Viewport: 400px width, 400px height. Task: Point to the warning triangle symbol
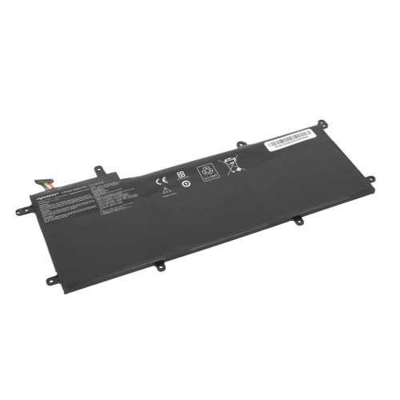[x=165, y=192]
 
